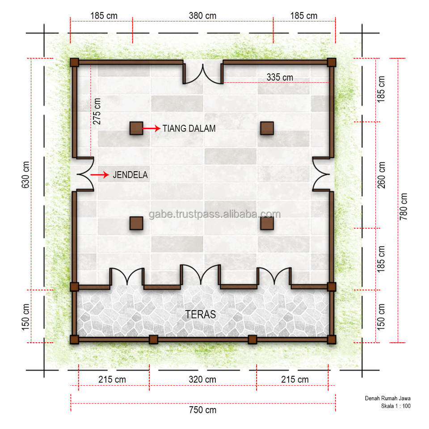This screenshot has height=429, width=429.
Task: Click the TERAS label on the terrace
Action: [201, 315]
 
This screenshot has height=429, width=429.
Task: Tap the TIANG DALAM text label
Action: [189, 129]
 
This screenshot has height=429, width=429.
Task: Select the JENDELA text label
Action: [130, 175]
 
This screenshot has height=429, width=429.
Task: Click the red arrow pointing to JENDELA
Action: [100, 175]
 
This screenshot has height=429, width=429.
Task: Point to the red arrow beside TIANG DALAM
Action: [151, 128]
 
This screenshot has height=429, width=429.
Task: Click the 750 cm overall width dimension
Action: [202, 410]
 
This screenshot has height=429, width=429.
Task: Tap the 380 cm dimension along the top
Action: [202, 16]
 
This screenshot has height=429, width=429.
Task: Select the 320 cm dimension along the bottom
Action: [202, 379]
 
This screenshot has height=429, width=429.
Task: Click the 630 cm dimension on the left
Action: [25, 175]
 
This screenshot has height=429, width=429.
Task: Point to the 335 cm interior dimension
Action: [280, 77]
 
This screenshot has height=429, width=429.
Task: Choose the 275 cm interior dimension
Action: [97, 111]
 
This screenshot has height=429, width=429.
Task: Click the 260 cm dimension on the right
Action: [381, 175]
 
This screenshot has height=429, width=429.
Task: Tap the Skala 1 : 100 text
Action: [395, 406]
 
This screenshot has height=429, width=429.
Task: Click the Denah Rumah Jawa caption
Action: [388, 398]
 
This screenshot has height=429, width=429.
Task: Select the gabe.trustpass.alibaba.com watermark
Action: [215, 214]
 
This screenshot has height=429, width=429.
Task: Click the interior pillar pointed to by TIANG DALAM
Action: [136, 128]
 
